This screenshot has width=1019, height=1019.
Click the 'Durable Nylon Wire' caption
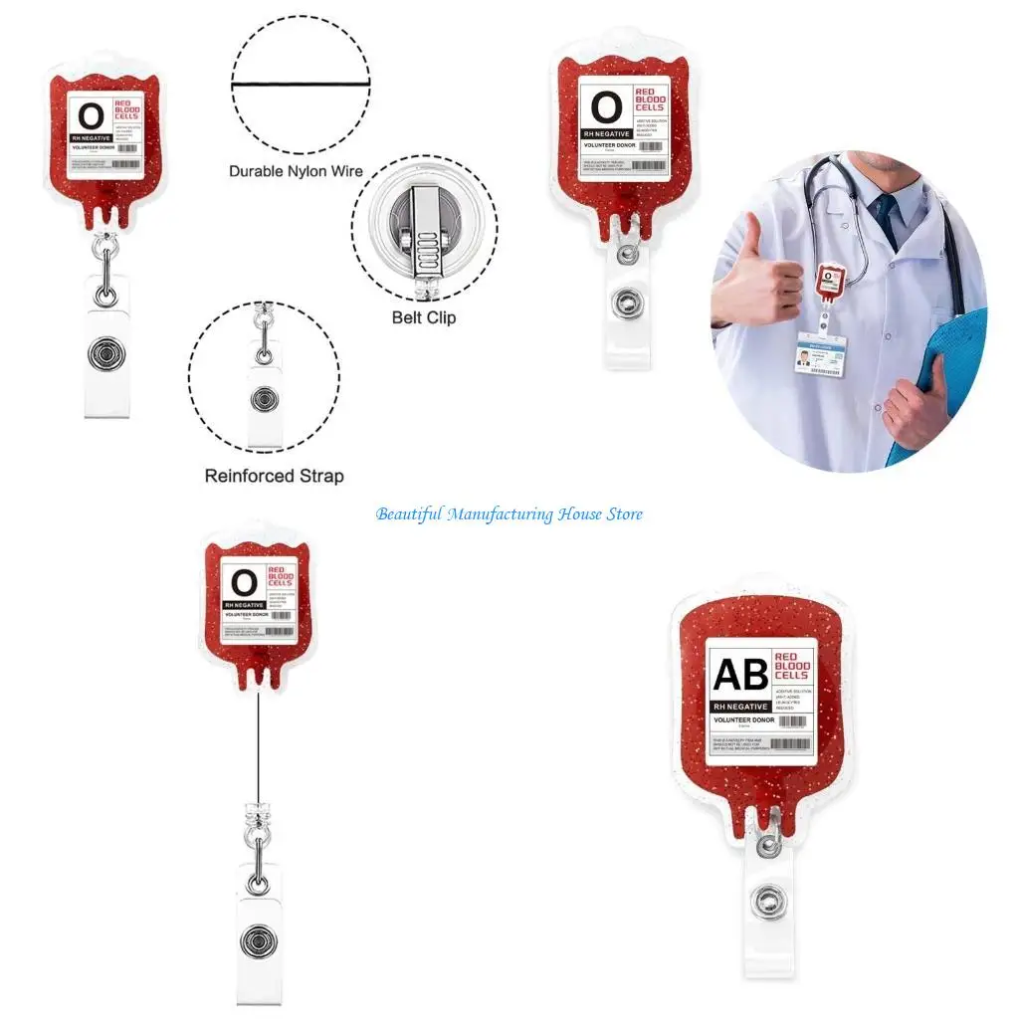click(296, 171)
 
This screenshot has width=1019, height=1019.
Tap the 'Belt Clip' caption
click(423, 318)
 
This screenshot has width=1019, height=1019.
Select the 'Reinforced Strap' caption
click(274, 476)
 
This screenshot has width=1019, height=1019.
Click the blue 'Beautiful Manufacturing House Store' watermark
click(509, 514)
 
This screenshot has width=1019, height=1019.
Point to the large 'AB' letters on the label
click(741, 674)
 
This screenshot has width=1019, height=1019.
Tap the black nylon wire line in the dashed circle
click(301, 86)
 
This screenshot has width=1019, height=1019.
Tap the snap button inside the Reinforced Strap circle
click(264, 399)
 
